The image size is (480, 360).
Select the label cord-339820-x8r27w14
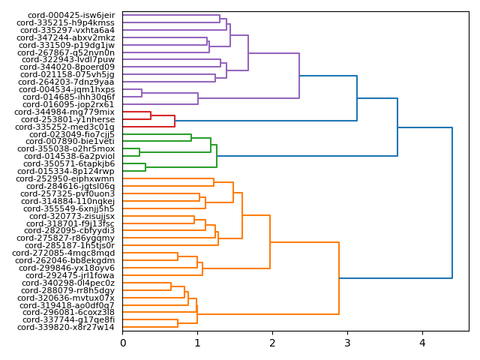[x=66, y=327]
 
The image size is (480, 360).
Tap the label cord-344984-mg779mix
[x=64, y=112]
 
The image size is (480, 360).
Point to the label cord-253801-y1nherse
[x=68, y=119]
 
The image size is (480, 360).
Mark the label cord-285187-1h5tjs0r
[x=70, y=245]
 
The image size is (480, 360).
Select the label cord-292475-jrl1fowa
[x=70, y=275]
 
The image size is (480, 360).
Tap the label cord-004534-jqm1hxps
[x=67, y=89]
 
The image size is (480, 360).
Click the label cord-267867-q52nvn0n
[x=67, y=52]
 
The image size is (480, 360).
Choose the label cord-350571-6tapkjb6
[x=69, y=163]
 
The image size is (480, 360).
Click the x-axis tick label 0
[x=123, y=343]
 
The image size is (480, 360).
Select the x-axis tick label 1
[x=197, y=343]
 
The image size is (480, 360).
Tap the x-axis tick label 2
[x=272, y=343]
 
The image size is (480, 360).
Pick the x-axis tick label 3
[x=347, y=343]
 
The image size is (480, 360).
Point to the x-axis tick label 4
[x=422, y=343]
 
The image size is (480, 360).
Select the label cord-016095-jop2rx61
[x=68, y=104]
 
